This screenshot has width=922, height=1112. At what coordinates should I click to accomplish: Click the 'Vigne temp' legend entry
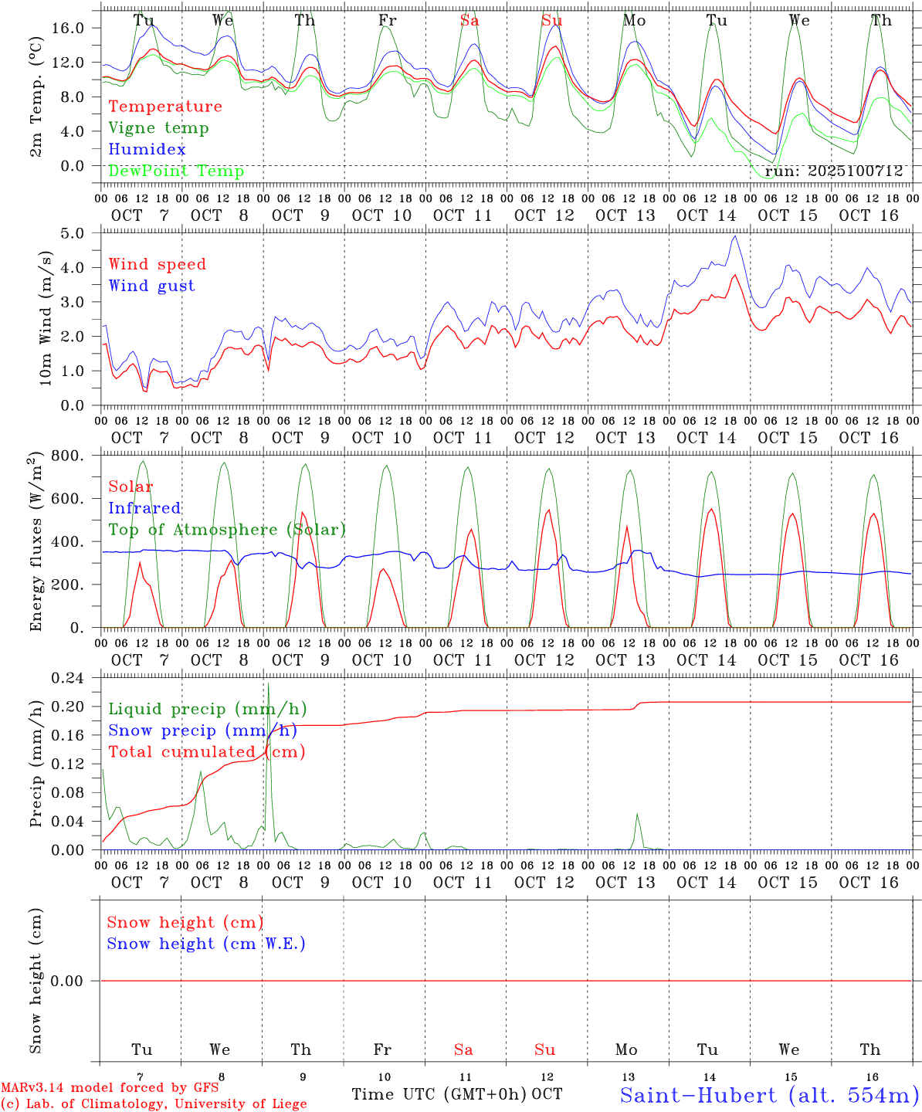158,128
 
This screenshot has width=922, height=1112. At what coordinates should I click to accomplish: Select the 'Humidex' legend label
147,149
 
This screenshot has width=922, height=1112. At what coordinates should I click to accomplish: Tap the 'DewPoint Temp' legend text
176,171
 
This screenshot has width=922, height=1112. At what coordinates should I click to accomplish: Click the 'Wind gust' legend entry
151,286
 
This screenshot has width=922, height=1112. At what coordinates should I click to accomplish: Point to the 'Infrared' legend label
144,508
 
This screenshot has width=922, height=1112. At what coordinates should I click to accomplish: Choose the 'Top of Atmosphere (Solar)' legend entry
227,530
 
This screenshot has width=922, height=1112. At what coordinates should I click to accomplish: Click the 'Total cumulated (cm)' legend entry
206,751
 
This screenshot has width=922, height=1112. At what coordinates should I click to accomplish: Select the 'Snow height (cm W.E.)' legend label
206,944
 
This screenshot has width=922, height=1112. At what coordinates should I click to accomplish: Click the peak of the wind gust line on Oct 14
735,236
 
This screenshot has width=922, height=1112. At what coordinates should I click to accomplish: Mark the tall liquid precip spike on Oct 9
268,685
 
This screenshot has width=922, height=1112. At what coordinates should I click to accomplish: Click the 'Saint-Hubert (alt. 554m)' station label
769,1095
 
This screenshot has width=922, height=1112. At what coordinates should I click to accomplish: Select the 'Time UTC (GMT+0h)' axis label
439,1094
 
